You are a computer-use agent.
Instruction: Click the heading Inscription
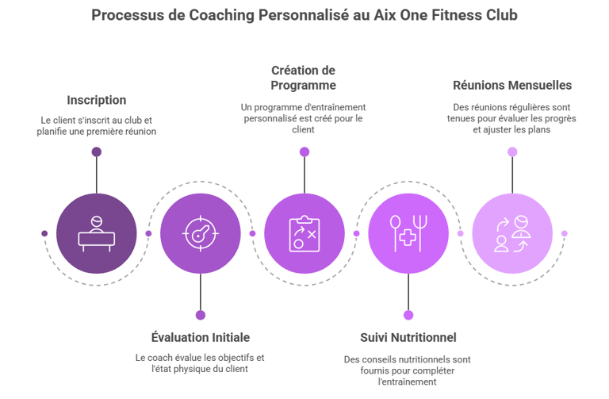click(96, 100)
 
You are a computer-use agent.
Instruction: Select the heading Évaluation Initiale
click(201, 337)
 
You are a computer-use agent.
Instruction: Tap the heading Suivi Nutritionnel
click(408, 337)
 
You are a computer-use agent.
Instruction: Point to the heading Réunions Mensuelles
click(512, 85)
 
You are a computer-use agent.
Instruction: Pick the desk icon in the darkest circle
click(96, 233)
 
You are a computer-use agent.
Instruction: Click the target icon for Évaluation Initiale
click(201, 233)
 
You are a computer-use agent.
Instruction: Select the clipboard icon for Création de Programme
click(304, 233)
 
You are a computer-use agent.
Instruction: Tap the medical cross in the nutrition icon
click(408, 237)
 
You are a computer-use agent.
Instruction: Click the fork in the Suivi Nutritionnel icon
click(419, 233)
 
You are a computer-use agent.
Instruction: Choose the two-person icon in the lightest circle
click(512, 233)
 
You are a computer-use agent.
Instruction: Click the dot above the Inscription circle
click(96, 152)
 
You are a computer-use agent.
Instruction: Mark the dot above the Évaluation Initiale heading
click(201, 315)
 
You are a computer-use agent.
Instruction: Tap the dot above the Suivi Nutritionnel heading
click(408, 315)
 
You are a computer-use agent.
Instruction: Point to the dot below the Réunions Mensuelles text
click(512, 152)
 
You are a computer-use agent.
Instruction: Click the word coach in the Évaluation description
click(159, 358)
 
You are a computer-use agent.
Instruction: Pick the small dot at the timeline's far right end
click(565, 233)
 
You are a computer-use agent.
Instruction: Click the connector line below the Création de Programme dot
click(304, 175)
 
